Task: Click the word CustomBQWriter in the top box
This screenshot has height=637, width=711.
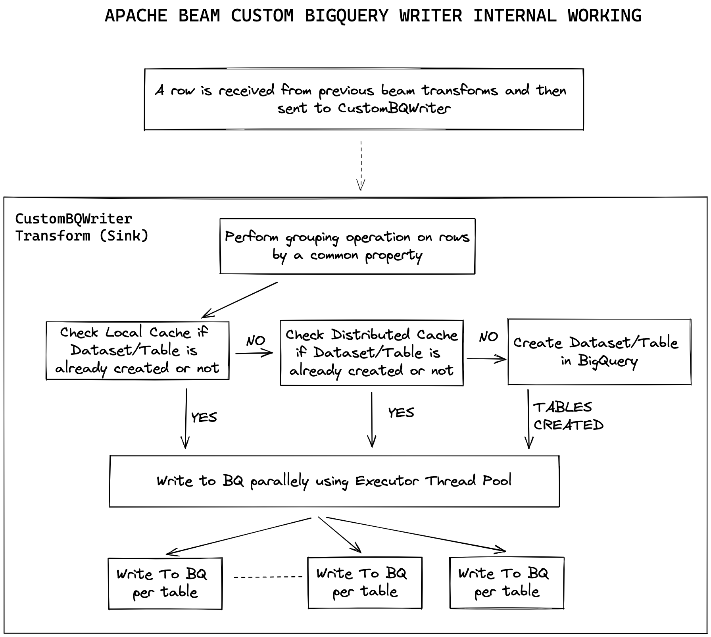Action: pyautogui.click(x=394, y=108)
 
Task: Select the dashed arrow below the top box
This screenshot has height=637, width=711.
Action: pyautogui.click(x=361, y=165)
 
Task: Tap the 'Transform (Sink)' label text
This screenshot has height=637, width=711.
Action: pyautogui.click(x=82, y=236)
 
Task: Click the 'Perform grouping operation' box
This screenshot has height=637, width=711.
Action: pyautogui.click(x=347, y=246)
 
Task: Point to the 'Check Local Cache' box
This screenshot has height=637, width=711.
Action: pyautogui.click(x=137, y=350)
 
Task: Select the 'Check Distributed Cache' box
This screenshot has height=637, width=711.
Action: pyautogui.click(x=372, y=353)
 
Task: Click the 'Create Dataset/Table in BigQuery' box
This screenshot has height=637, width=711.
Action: pyautogui.click(x=599, y=352)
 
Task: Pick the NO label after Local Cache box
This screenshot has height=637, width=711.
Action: pyautogui.click(x=256, y=341)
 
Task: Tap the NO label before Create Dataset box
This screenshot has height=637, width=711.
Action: pyautogui.click(x=488, y=337)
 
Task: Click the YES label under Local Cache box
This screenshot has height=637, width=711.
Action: pyautogui.click(x=204, y=417)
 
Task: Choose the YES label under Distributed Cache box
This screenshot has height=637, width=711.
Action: pyautogui.click(x=401, y=412)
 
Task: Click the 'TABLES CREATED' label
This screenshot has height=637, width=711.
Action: pyautogui.click(x=567, y=416)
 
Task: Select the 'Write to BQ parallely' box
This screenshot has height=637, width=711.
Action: pyautogui.click(x=334, y=481)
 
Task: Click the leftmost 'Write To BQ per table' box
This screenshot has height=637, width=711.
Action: pyautogui.click(x=165, y=583)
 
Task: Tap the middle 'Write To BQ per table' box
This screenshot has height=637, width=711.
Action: pyautogui.click(x=365, y=582)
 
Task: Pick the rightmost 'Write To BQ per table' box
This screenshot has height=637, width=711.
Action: pyautogui.click(x=507, y=582)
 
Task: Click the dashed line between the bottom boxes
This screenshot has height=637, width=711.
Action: pyautogui.click(x=268, y=577)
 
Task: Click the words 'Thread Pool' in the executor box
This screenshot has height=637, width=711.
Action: pyautogui.click(x=468, y=481)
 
